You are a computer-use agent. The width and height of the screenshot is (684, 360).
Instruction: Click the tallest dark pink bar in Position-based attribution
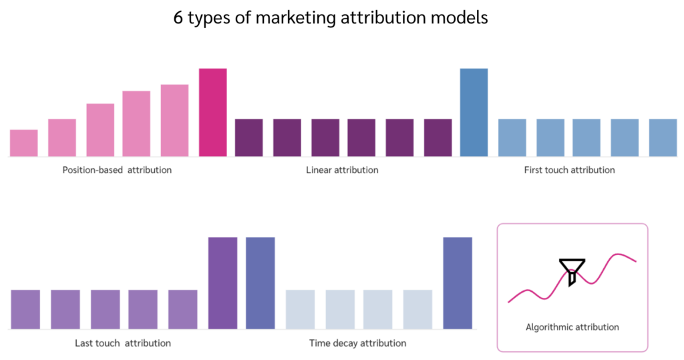[x=212, y=112]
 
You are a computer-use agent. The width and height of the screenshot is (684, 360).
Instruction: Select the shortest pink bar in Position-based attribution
[x=24, y=143]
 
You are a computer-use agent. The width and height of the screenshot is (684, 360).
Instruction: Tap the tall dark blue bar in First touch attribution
[x=474, y=112]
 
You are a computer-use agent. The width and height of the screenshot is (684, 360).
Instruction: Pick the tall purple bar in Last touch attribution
[x=222, y=283]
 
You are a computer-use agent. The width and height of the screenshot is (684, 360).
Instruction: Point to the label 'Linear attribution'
[x=342, y=170]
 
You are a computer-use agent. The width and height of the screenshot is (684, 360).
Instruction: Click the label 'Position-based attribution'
[x=117, y=170]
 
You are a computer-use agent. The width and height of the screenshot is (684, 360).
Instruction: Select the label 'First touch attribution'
[x=569, y=170]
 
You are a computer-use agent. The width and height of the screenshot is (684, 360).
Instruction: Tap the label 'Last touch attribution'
[x=123, y=343]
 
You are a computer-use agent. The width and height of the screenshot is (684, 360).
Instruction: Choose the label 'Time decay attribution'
[x=357, y=343]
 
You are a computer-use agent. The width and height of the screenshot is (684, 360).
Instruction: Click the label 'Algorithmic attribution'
[x=572, y=327]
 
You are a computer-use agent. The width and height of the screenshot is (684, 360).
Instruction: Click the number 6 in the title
[x=178, y=18]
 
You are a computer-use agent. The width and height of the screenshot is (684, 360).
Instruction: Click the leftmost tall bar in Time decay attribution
[x=260, y=283]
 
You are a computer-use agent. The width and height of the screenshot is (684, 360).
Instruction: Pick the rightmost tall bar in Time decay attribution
[x=458, y=283]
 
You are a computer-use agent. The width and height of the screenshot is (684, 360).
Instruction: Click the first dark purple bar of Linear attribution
[x=248, y=138]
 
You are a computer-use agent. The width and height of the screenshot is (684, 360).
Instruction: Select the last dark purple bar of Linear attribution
[x=438, y=138]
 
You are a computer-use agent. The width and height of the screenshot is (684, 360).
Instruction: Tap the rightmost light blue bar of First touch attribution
[x=663, y=138]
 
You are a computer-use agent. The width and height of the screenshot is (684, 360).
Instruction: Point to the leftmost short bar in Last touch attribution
[x=25, y=309]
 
